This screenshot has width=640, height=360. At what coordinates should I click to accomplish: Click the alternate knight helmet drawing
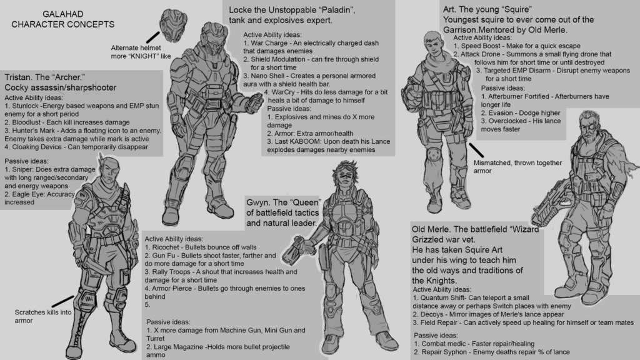tap(174, 25)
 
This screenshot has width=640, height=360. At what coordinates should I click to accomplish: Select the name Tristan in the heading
tap(17, 77)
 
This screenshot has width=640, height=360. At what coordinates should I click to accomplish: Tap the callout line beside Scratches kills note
tap(63, 301)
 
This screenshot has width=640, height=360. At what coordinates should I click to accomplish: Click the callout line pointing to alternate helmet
tap(153, 37)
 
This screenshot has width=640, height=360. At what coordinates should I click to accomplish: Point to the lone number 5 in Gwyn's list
tap(147, 305)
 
